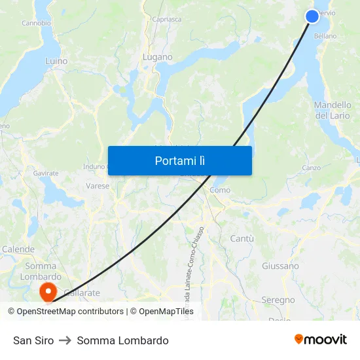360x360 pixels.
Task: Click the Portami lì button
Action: tap(179, 160)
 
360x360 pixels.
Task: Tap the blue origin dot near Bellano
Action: tap(312, 16)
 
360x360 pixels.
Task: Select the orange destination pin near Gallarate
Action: tap(48, 291)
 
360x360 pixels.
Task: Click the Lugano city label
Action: tap(158, 57)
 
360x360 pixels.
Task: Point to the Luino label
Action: tap(56, 61)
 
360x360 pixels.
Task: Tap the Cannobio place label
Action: tap(36, 23)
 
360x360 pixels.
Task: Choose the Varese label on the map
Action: tap(98, 186)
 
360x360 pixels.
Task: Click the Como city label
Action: tap(220, 190)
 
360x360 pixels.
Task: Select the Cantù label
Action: tap(242, 239)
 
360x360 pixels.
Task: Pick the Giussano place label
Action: tap(280, 266)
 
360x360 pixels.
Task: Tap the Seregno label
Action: tap(278, 300)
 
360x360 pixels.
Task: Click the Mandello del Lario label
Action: tap(333, 110)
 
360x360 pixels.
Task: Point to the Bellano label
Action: tap(325, 36)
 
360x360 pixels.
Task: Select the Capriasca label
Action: tap(166, 20)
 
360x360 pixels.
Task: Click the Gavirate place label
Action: tap(46, 173)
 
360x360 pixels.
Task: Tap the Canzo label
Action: tap(311, 168)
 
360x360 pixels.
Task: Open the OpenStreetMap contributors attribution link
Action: tap(70, 312)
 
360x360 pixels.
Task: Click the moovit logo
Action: tap(321, 339)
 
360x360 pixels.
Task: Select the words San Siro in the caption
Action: tap(33, 340)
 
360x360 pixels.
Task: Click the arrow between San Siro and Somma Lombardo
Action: tap(65, 340)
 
